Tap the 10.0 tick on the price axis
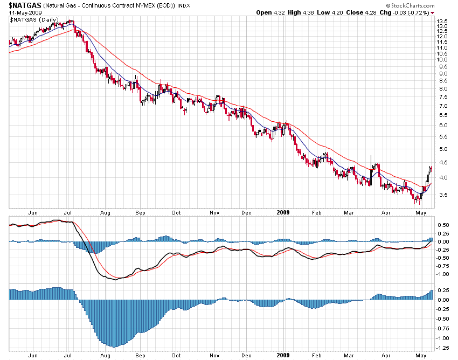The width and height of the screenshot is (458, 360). pyautogui.click(x=442, y=60)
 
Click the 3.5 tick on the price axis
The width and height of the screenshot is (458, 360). pyautogui.click(x=442, y=195)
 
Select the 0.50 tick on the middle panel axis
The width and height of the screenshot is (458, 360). pyautogui.click(x=442, y=225)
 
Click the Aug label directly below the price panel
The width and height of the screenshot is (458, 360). pyautogui.click(x=104, y=213)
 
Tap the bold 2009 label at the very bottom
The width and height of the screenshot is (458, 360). pyautogui.click(x=282, y=356)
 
